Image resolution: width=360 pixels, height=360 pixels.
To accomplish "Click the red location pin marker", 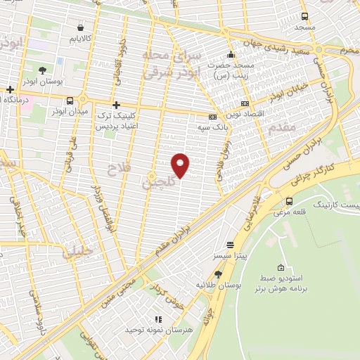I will click(x=181, y=165).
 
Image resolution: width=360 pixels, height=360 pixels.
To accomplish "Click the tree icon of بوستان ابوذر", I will click(x=43, y=70).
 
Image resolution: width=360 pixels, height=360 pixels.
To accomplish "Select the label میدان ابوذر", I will click(x=70, y=112).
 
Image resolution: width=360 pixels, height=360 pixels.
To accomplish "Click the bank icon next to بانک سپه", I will click(x=213, y=117).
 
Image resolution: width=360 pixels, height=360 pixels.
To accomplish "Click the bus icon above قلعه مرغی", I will click(x=289, y=181).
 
